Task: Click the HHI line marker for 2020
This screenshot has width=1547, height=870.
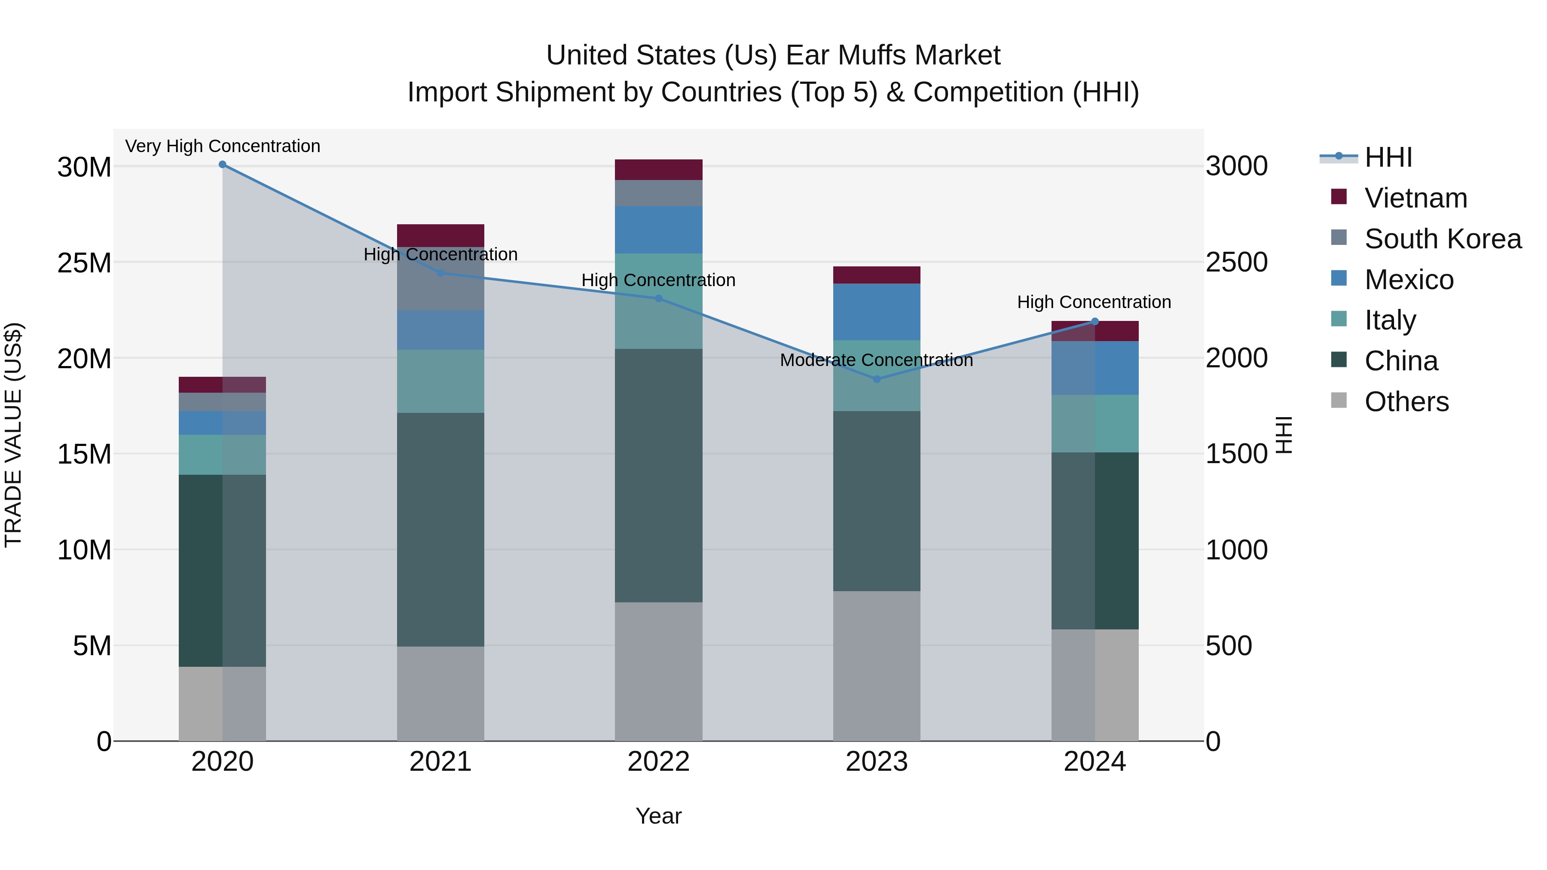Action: pos(222,165)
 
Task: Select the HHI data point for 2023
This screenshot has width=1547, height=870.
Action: pos(876,379)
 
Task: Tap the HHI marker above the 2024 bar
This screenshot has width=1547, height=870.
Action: pos(1094,322)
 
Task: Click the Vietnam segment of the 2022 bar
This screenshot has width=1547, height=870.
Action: pos(658,170)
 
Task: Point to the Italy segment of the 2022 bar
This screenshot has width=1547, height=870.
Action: pos(658,301)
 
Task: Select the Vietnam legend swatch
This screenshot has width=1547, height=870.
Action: pos(1339,197)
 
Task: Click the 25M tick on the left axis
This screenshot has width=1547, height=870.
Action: pos(84,263)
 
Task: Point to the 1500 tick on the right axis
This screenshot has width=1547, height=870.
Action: pos(1236,454)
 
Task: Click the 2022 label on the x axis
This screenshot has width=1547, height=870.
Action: pos(658,762)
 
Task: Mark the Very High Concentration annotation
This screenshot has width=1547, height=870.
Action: pos(222,146)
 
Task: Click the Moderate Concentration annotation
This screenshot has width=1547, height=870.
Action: pos(876,360)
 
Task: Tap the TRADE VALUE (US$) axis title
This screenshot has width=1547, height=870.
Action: pos(13,435)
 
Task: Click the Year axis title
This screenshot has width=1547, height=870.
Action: pos(658,816)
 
